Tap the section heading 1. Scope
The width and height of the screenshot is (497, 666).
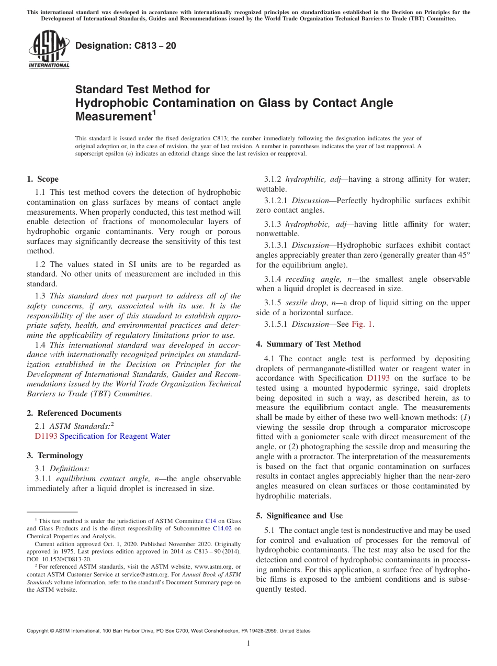pyautogui.click(x=43, y=179)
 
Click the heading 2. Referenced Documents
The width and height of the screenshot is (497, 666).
pyautogui.click(x=74, y=413)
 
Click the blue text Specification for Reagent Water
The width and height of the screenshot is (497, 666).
pyautogui.click(x=115, y=436)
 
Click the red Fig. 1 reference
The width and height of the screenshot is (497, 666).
pyautogui.click(x=362, y=324)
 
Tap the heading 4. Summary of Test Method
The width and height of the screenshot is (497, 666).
pyautogui.click(x=309, y=344)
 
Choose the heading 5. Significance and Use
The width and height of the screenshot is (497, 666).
pyautogui.click(x=299, y=516)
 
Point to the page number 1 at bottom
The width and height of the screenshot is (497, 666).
pyautogui.click(x=249, y=643)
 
